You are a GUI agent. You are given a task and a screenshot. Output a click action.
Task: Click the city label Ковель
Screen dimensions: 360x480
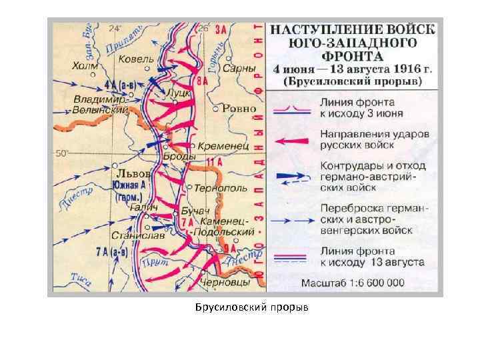(x=136, y=59)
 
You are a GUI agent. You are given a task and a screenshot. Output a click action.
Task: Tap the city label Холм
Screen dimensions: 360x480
(x=85, y=67)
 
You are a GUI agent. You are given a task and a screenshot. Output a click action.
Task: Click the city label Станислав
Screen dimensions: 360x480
(x=134, y=235)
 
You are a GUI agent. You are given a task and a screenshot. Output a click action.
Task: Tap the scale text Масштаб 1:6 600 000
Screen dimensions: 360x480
(x=353, y=282)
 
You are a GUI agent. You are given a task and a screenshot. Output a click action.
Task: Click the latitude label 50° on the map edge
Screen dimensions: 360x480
(x=62, y=153)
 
